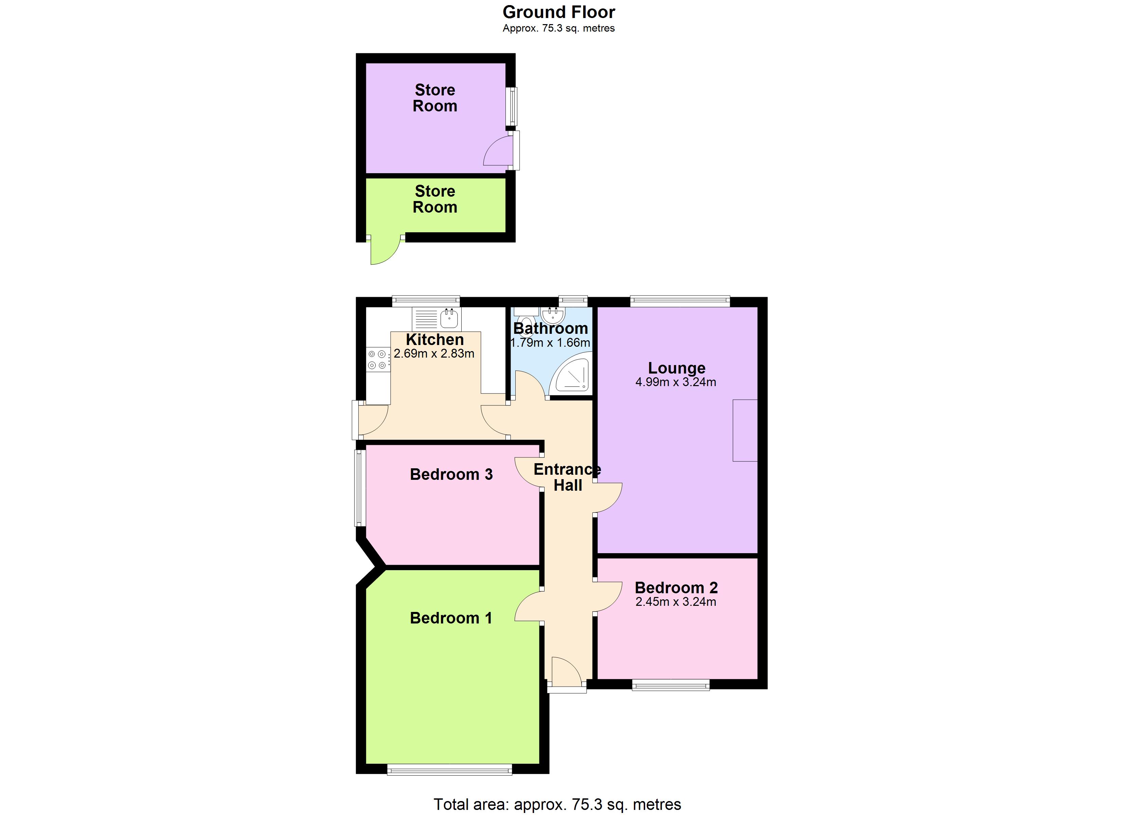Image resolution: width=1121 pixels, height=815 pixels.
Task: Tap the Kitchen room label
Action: [x=434, y=340]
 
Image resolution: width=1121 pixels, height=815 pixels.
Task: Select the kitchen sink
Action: [x=437, y=319]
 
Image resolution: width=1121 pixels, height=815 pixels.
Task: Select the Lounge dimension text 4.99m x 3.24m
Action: [x=675, y=382]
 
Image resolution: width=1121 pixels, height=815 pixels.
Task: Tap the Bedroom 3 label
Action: [x=451, y=474]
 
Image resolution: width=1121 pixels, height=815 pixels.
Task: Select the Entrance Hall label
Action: [x=567, y=477]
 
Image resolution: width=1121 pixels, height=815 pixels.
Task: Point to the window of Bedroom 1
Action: [x=449, y=769]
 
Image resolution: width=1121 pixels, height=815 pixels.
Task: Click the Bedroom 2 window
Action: [x=671, y=685]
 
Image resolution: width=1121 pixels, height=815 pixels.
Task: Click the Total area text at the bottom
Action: [x=557, y=804]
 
